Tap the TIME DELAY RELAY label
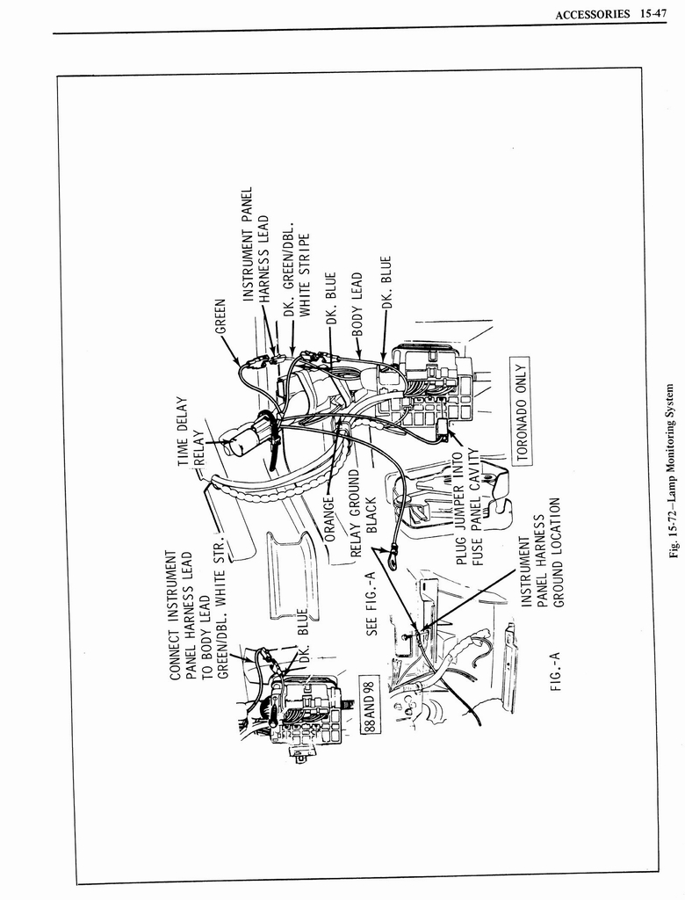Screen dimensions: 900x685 coord(190,432)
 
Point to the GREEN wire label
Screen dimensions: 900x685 coord(220,316)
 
